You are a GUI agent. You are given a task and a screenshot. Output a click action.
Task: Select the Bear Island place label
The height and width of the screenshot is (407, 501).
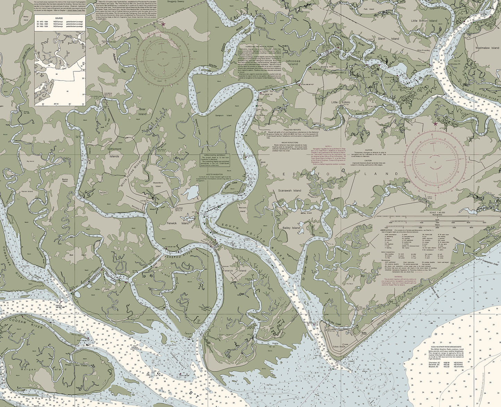tap(142, 111)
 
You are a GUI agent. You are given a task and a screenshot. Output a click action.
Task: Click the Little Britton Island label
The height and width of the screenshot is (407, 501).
tap(424, 21)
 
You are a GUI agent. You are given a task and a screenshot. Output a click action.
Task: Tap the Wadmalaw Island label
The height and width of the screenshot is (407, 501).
tap(487, 48)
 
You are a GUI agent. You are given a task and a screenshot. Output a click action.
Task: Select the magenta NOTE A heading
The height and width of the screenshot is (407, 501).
tap(326, 146)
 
